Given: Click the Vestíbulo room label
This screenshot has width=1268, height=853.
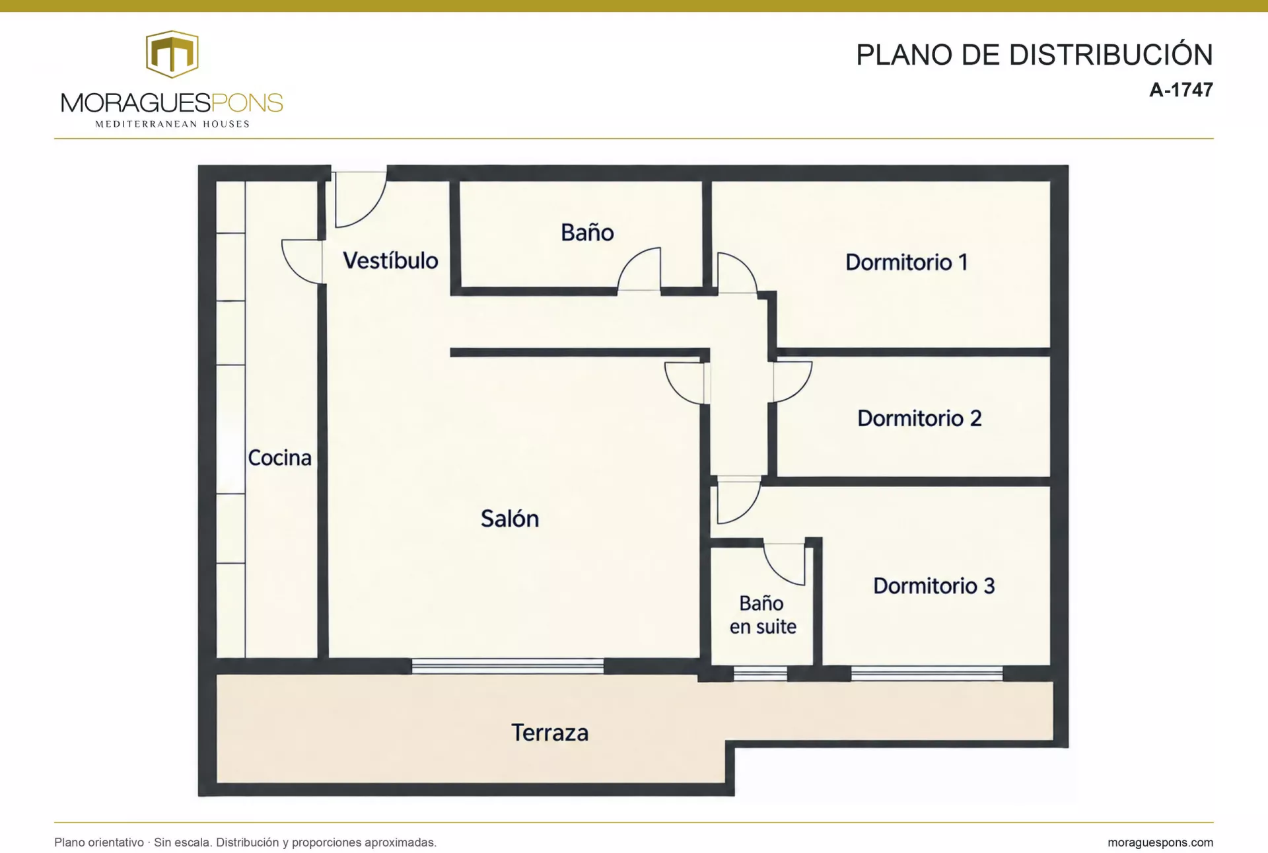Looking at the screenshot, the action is point(390,260).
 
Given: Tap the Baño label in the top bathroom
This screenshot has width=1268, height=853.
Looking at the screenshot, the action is point(587,233).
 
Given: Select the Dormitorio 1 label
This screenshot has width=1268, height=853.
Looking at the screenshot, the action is point(906,262).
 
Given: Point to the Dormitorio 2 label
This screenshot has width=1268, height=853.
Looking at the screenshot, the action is point(919,418).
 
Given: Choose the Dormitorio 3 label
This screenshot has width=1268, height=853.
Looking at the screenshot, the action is point(934,586).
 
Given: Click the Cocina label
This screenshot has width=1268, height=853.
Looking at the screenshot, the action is point(279,458).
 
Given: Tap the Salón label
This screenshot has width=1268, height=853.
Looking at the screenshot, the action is point(510,519).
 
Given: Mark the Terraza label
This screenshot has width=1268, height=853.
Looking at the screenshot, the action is point(550,733).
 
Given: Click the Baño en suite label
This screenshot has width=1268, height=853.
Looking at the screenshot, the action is point(763,614).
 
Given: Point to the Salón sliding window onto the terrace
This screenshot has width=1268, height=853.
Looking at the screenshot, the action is point(508,666).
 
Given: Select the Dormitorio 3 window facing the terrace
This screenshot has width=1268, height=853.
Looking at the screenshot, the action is point(927,674).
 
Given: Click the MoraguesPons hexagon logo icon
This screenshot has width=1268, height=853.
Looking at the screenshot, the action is point(172,54).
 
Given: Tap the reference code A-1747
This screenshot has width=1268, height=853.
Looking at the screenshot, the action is point(1181,90).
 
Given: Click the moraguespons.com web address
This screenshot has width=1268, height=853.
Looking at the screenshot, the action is point(1160,842).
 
